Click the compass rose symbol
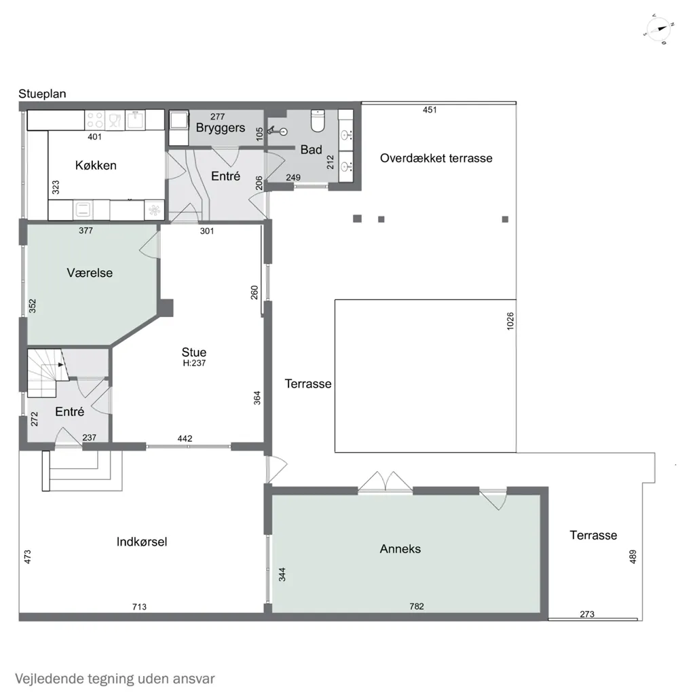pos(658,29)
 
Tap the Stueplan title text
pos(42,94)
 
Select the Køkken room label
pos(96,166)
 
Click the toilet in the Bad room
pos(318,121)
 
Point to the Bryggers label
pos(221,128)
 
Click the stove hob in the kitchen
pos(94,119)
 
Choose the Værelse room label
pos(90,273)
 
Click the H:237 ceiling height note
pos(194,363)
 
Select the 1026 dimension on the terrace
pos(510,321)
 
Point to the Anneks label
pos(400,548)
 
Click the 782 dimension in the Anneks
pos(417,606)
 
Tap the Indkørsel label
pos(142,542)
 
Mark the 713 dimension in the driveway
pos(139,607)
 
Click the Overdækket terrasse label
pos(436,158)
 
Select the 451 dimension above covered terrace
pos(430,110)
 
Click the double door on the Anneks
pos(386,481)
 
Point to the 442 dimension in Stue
pos(185,438)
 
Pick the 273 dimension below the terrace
pos(587,614)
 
